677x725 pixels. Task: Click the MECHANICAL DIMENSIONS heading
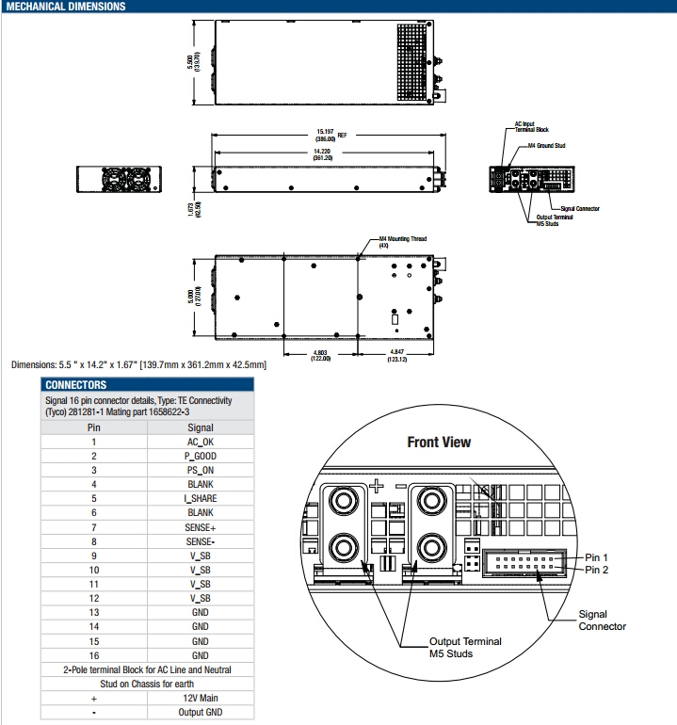coord(65,7)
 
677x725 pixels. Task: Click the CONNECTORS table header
coord(76,384)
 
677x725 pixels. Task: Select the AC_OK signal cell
coord(201,441)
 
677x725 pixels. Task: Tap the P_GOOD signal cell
coord(201,455)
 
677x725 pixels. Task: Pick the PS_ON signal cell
coord(201,469)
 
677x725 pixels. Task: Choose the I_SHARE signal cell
coord(201,498)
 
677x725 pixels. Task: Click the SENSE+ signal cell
coord(201,526)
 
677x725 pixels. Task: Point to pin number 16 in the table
coord(93,654)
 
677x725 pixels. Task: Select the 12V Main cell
coord(201,698)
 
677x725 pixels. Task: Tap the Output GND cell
coord(201,712)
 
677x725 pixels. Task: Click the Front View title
coord(439,442)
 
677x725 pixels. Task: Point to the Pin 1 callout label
coord(596,556)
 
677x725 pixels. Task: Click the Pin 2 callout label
coord(596,570)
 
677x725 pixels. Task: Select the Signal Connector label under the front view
coord(602,620)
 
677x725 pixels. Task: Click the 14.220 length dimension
coord(322,153)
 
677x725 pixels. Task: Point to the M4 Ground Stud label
coord(546,146)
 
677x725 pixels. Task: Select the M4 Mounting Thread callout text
coord(402,240)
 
